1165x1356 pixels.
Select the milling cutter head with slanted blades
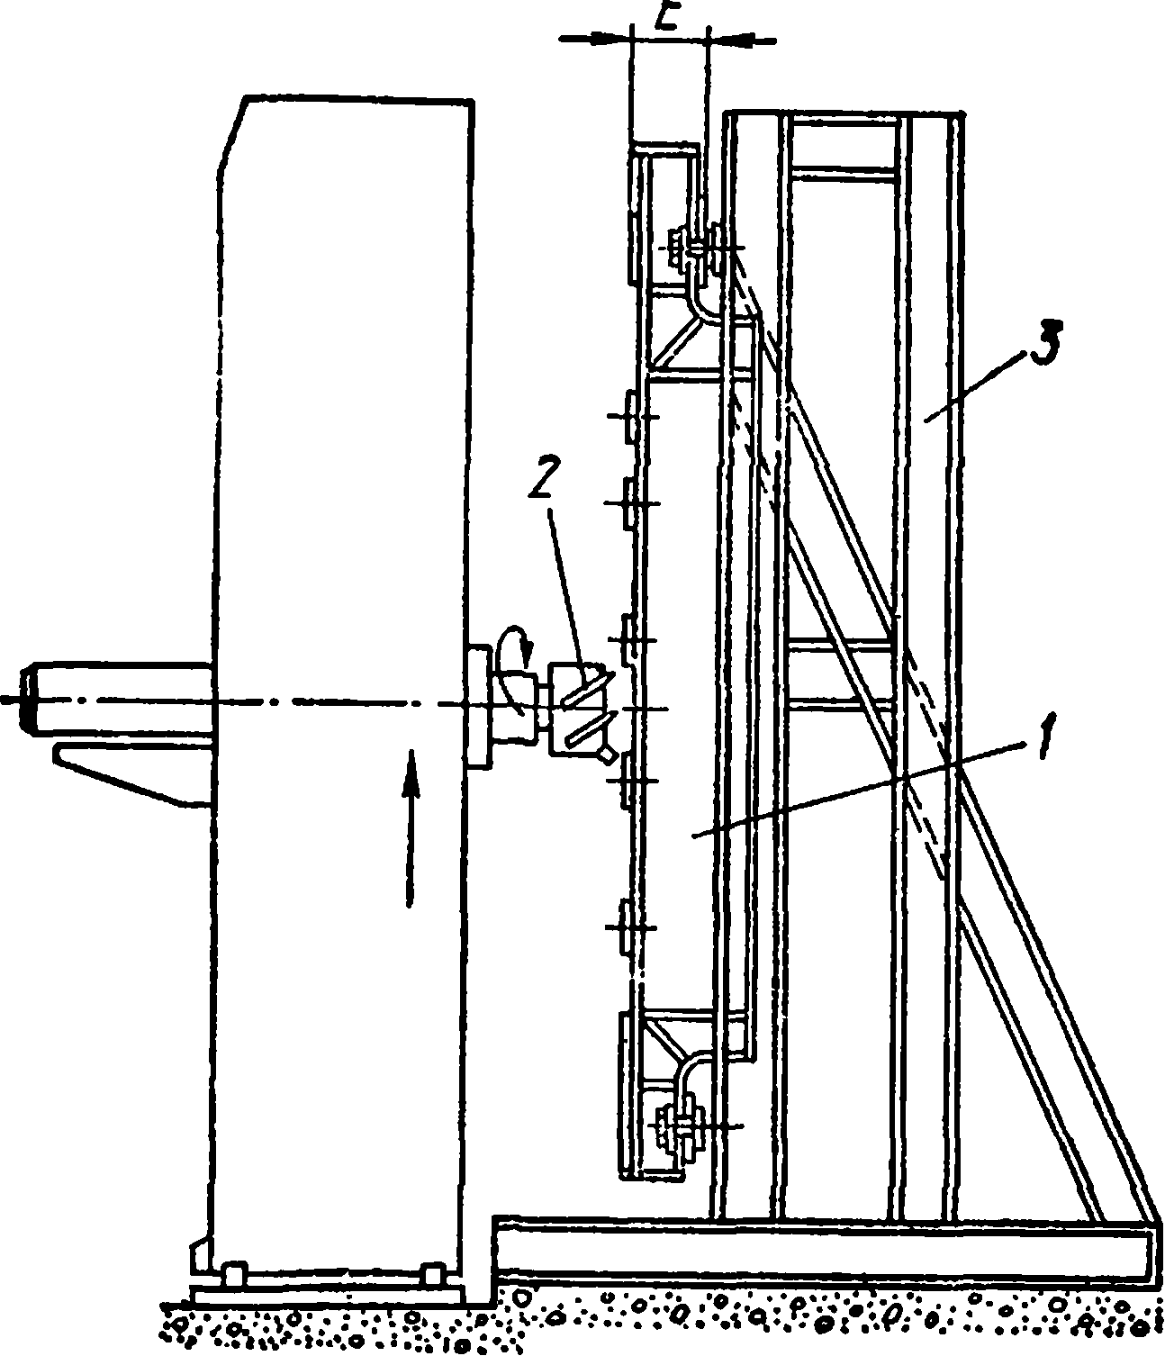576,708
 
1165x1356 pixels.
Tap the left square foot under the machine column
234,1277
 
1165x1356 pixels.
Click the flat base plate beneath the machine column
329,1295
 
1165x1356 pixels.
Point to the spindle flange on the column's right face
478,702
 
